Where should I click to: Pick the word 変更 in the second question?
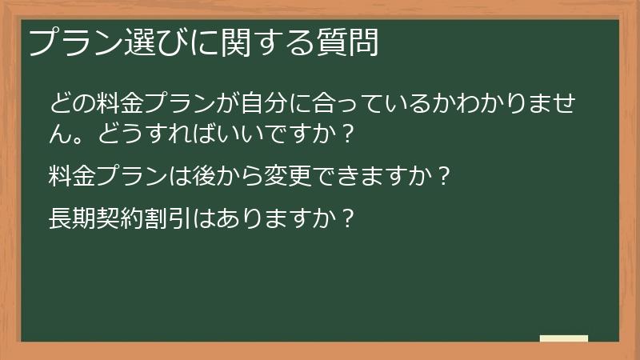[x=290, y=174]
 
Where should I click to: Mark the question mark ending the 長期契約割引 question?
[x=346, y=217]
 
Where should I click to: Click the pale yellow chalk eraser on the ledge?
[x=563, y=338]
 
